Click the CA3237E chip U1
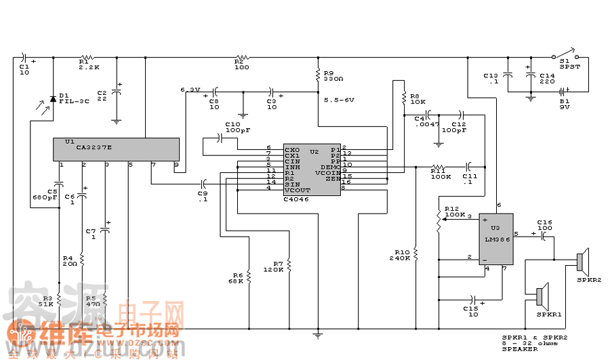tap(116, 149)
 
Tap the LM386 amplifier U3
tap(495, 239)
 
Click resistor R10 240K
tap(415, 254)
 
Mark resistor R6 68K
tap(249, 276)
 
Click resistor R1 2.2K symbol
tap(86, 58)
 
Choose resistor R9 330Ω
tap(317, 75)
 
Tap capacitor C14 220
tap(529, 75)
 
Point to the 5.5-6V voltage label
tap(340, 100)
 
